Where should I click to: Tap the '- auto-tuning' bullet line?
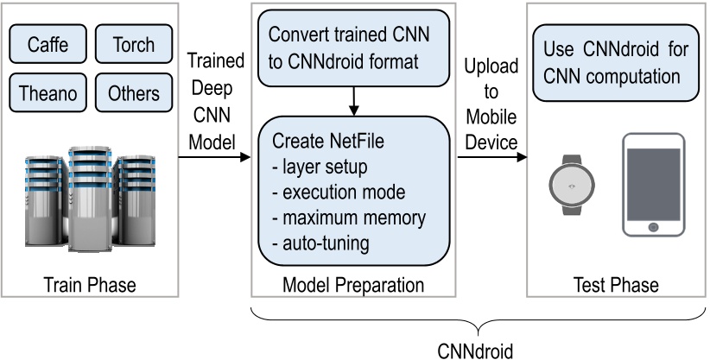pos(320,243)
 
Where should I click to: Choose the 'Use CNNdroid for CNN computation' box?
pos(617,63)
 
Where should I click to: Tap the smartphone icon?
pos(652,184)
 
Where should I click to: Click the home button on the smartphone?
pos(653,227)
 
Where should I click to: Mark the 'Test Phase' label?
pos(616,285)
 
